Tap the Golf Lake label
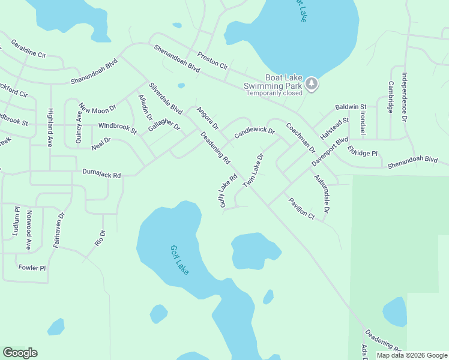[179, 260]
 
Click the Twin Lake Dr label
[253, 170]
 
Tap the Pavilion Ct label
[301, 207]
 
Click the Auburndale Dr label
[322, 194]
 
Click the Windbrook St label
[118, 128]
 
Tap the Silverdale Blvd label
[166, 98]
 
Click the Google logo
[20, 353]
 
